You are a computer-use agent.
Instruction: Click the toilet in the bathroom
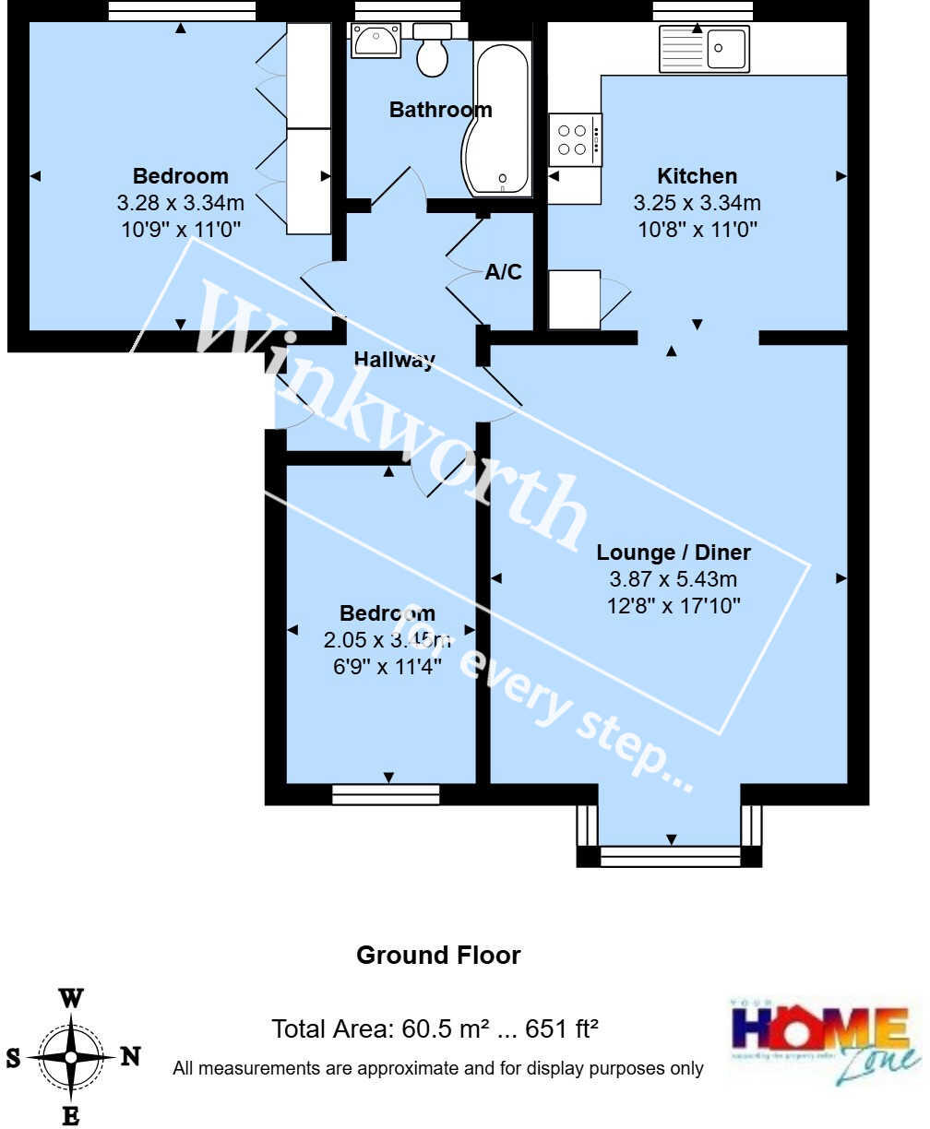[432, 52]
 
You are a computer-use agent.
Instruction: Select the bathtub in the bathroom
[501, 111]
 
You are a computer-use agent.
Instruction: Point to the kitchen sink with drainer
[703, 49]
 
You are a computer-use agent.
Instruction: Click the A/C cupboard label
[504, 272]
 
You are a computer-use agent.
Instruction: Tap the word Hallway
[395, 360]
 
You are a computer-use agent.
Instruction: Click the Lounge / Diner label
[674, 553]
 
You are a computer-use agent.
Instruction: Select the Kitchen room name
[697, 175]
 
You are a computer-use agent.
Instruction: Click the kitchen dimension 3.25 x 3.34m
[697, 203]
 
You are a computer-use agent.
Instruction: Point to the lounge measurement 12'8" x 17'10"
[674, 606]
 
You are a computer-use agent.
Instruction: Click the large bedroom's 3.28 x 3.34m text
[180, 203]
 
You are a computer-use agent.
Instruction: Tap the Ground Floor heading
[438, 956]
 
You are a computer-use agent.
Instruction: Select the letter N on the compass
[130, 1057]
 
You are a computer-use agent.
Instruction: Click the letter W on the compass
[71, 998]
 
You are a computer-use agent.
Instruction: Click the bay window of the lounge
[670, 857]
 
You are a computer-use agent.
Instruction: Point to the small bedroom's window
[386, 794]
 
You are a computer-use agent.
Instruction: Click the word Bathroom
[440, 110]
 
